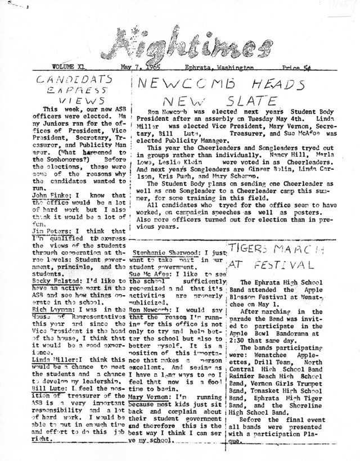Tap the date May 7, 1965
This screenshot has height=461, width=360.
click(133, 67)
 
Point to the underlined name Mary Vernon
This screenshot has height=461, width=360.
click(150, 396)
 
